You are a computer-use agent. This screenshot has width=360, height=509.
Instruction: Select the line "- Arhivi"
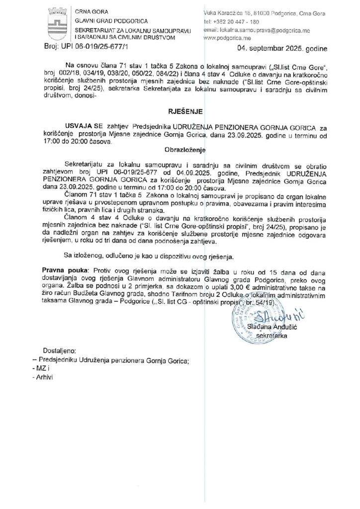43,377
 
